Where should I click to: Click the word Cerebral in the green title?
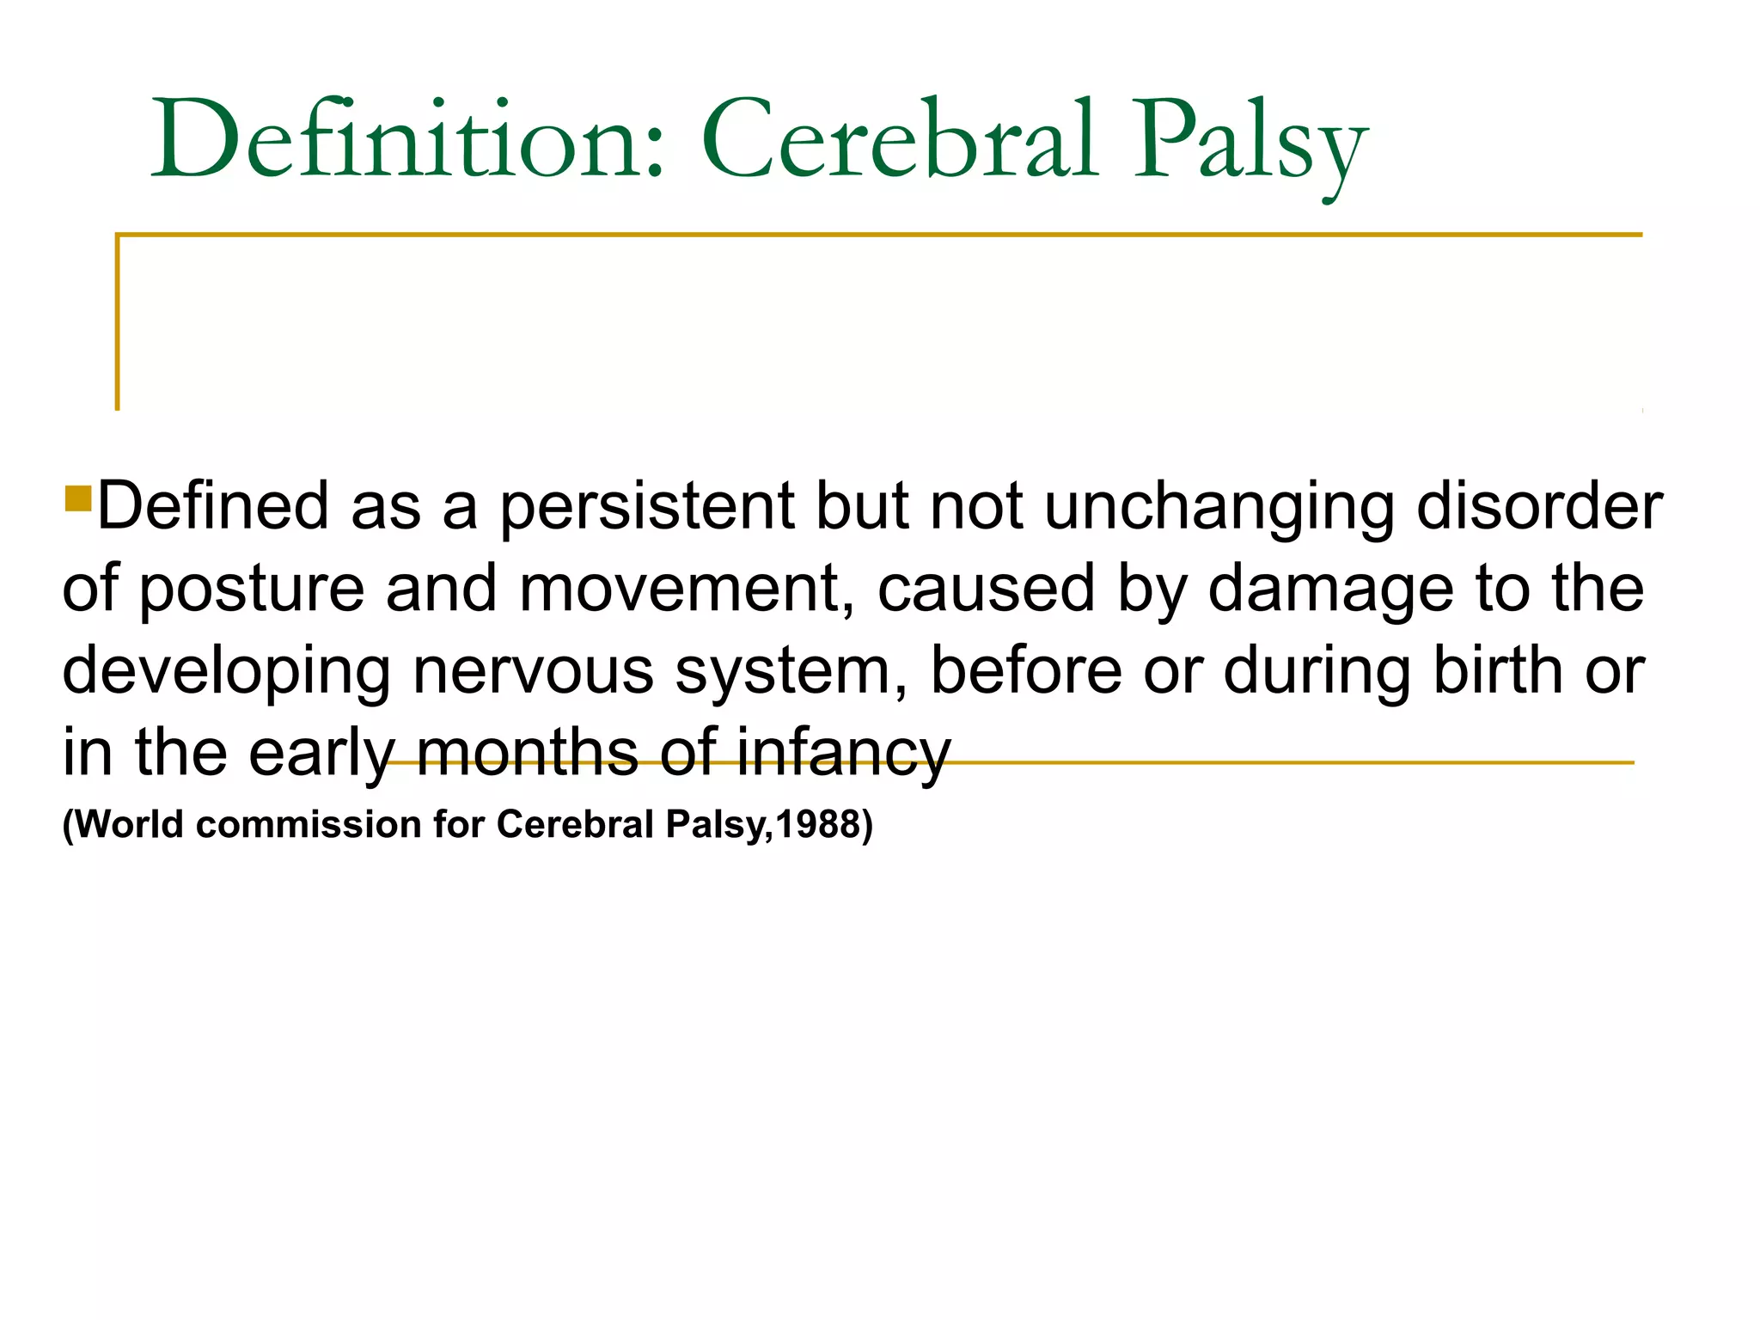[899, 139]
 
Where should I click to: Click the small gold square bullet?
[78, 498]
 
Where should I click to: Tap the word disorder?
[1539, 505]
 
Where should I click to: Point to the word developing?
[226, 673]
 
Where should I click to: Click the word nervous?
[533, 671]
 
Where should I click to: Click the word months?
[527, 752]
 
